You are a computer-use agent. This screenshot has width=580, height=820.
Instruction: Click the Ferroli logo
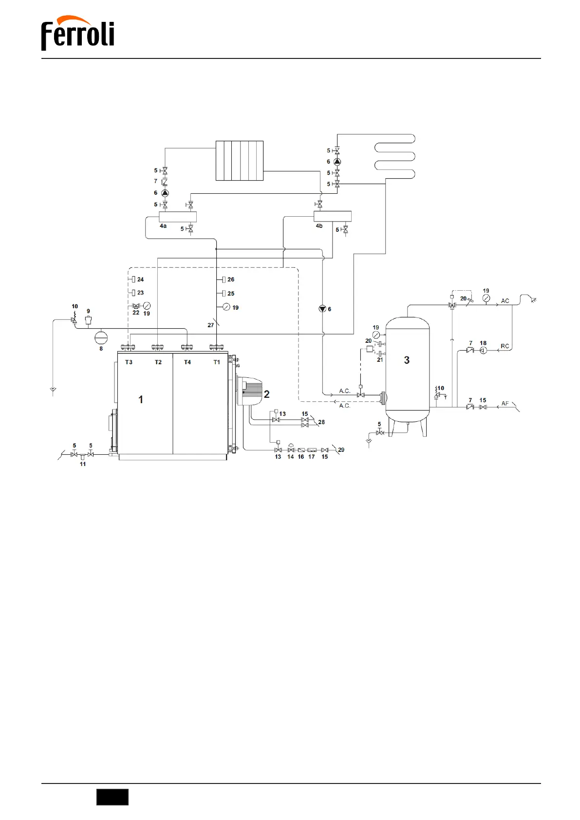(x=78, y=33)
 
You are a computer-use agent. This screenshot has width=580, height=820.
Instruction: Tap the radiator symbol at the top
(x=240, y=161)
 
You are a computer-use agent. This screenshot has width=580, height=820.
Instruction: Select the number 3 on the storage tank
(x=407, y=360)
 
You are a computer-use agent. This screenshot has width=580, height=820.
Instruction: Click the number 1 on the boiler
(x=141, y=400)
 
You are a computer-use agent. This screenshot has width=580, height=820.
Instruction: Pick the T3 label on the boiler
(x=129, y=362)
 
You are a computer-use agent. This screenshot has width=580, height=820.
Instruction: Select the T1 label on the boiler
(x=217, y=362)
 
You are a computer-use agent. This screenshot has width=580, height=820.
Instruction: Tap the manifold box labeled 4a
(x=178, y=217)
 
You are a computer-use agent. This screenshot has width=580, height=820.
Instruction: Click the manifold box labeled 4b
(x=332, y=216)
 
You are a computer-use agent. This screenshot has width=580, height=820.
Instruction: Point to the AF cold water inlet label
(x=505, y=404)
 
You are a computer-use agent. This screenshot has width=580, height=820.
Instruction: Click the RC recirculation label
(x=505, y=346)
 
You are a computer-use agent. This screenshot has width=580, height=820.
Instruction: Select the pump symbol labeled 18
(x=483, y=350)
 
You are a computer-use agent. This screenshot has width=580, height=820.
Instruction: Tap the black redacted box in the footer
(x=112, y=797)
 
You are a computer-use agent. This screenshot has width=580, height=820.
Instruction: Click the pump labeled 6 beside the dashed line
(x=322, y=309)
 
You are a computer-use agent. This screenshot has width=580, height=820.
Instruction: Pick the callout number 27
(x=210, y=325)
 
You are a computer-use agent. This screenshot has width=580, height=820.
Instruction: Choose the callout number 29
(x=341, y=450)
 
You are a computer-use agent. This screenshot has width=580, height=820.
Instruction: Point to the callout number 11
(x=83, y=464)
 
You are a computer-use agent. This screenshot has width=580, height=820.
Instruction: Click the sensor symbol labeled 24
(x=133, y=280)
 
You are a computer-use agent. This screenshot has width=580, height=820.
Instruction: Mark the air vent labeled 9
(x=88, y=320)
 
